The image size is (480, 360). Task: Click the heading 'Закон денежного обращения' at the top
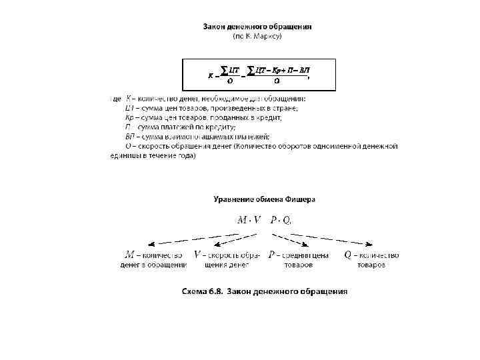257,27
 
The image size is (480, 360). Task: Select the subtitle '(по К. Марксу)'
257,36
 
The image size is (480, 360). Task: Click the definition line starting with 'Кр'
203,117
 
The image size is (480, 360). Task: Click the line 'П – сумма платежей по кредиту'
180,127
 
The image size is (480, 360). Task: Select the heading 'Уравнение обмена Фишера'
264,199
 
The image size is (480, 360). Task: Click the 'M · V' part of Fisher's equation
249,219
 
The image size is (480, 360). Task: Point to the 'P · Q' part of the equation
280,219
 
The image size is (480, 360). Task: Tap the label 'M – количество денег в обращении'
153,260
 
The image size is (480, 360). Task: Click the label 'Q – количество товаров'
371,260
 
